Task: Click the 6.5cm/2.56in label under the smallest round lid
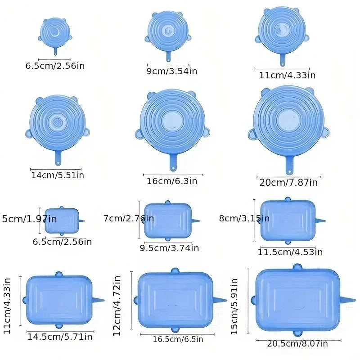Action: pos(55,66)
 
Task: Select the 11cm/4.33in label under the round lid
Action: pos(287,75)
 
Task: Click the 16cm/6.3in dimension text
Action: pos(172,181)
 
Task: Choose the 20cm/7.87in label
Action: pos(288,182)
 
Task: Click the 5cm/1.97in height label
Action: pos(30,219)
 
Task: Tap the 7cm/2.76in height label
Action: pos(128,218)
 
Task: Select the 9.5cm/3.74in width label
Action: pos(169,247)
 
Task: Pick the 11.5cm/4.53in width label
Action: pos(290,252)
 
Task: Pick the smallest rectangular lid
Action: pos(62,220)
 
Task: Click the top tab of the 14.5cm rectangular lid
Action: pos(58,274)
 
